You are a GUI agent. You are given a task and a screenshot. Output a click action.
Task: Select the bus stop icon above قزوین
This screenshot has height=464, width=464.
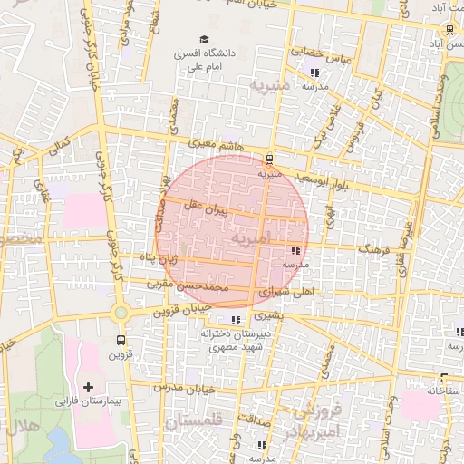(121, 340)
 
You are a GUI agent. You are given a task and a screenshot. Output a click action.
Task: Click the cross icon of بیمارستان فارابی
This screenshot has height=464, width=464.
(88, 387)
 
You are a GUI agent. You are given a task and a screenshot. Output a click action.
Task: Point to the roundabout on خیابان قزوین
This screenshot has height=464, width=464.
(121, 313)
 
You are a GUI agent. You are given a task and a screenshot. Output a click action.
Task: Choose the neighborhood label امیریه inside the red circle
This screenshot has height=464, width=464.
(251, 237)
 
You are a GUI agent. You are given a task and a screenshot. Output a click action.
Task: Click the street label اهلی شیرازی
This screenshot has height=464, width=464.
(286, 292)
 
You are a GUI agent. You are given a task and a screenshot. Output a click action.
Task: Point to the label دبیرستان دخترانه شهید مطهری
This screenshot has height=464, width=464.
(234, 341)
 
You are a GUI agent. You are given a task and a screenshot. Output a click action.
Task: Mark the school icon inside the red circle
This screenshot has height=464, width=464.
(295, 250)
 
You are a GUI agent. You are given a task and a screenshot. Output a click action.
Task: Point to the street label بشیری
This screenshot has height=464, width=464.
(267, 317)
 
